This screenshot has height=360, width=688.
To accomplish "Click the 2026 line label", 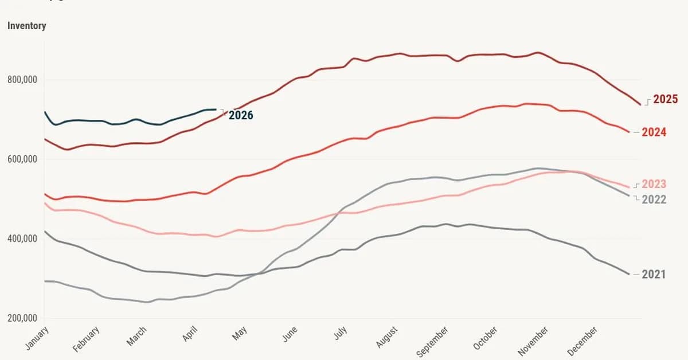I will [241, 115].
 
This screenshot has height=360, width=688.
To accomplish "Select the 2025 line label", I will [665, 99].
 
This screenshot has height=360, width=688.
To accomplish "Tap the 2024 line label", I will [654, 132].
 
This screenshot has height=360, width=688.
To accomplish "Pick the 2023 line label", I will [654, 185].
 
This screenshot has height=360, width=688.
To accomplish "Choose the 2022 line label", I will [654, 199].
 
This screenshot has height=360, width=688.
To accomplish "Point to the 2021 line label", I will [654, 275].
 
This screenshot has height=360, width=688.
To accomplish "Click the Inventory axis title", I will [27, 26].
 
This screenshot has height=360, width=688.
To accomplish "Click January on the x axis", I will [38, 338].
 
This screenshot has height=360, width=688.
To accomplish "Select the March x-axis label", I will [137, 336].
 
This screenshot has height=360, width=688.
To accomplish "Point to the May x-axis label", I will [240, 333].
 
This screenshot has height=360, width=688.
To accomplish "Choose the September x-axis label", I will [433, 342].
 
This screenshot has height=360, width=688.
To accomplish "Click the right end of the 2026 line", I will [216, 109].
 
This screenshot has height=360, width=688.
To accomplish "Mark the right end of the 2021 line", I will [630, 275].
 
